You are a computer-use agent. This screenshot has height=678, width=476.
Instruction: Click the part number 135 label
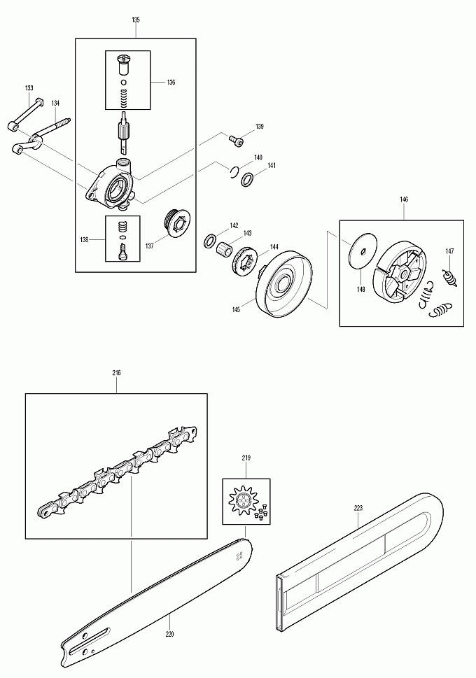(x=135, y=20)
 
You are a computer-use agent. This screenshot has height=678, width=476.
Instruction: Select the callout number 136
(x=171, y=82)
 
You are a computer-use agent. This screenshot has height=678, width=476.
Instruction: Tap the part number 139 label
(x=260, y=127)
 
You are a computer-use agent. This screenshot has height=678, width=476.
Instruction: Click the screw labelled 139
(x=236, y=141)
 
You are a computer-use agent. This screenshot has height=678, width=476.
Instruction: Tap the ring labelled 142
(x=209, y=241)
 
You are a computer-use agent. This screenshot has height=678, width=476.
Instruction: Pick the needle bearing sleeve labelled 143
(x=223, y=248)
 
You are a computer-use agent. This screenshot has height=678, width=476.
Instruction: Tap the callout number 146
(x=405, y=199)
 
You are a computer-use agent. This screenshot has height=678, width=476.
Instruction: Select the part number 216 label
(x=116, y=373)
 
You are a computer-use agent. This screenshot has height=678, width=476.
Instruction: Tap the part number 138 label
(x=84, y=239)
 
